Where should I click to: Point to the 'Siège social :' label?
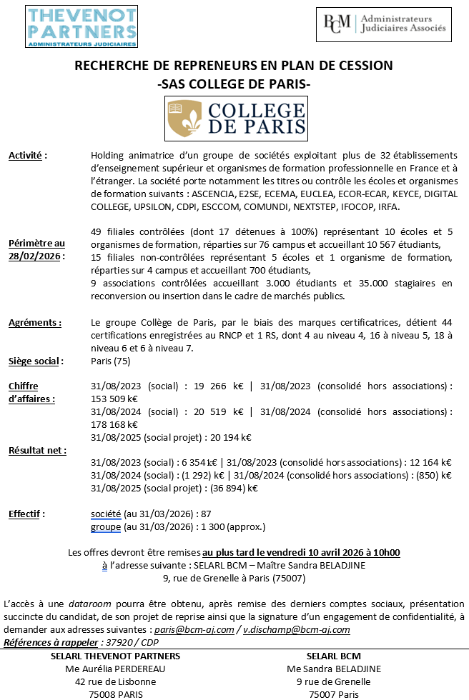(x=36, y=361)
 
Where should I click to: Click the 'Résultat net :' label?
(x=37, y=450)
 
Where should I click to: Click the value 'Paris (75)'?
(x=111, y=361)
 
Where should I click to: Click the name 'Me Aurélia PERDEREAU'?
(x=116, y=669)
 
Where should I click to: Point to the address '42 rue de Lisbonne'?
(x=116, y=681)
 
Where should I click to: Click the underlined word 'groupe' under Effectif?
(x=106, y=527)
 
